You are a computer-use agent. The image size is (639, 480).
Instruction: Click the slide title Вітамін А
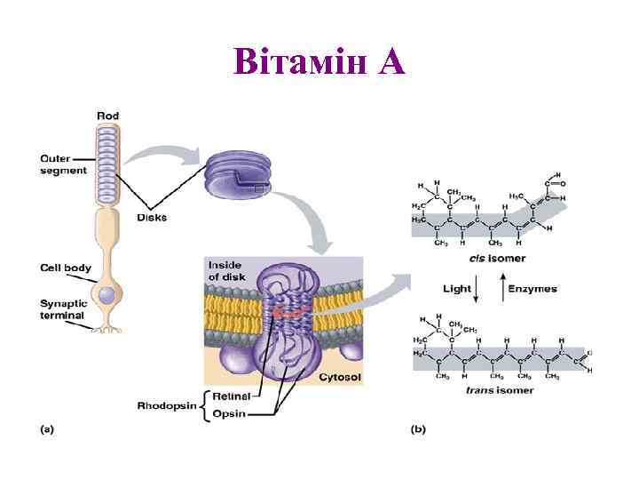tap(319, 61)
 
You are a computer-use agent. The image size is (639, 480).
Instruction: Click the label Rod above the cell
tap(107, 116)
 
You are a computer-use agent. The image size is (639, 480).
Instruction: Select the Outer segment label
tap(64, 164)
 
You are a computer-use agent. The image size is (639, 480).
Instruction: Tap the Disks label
tap(152, 217)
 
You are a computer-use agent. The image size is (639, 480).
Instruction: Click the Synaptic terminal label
tap(62, 308)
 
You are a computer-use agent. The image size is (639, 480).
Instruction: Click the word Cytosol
tap(339, 378)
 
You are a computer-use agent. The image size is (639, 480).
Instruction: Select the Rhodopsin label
tap(168, 404)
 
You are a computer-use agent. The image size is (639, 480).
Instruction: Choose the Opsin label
tap(229, 413)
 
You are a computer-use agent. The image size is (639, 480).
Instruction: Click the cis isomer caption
tap(498, 259)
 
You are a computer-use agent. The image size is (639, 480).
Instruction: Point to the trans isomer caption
tap(501, 389)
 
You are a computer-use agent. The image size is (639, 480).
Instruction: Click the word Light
tap(457, 289)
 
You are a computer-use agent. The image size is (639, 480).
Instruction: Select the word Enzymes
tap(533, 289)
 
